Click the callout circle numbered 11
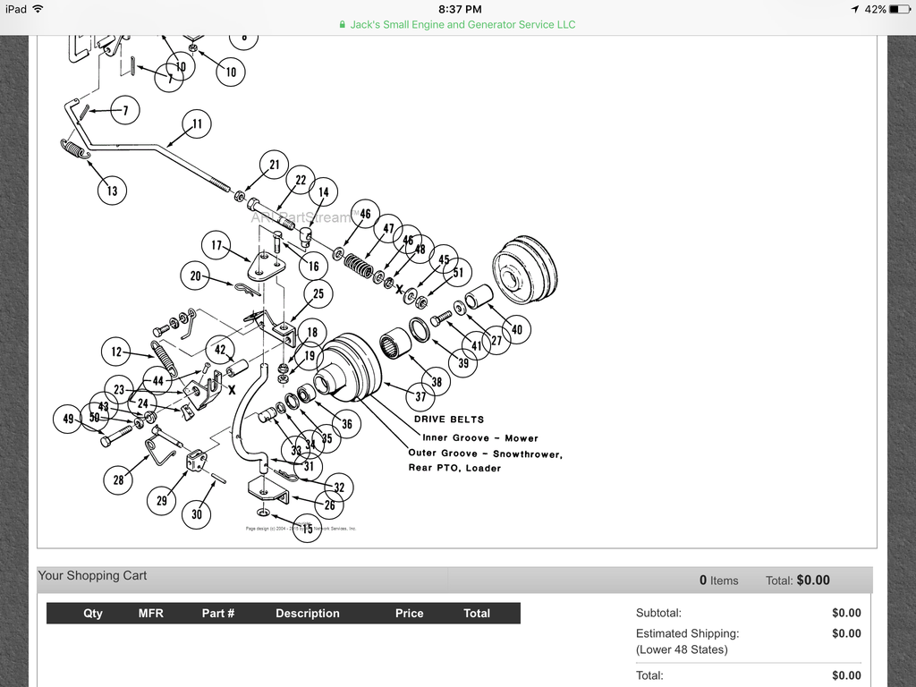tap(197, 124)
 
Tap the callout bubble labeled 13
tap(112, 191)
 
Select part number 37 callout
tap(420, 397)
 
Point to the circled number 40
tap(516, 330)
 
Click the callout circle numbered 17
tap(216, 245)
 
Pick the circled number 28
tap(118, 480)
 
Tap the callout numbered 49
tap(69, 419)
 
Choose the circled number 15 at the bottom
tap(308, 530)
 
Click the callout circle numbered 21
tap(275, 165)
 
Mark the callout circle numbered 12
tap(116, 352)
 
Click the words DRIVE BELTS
tap(449, 420)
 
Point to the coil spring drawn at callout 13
tap(76, 150)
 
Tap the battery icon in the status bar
tap(899, 9)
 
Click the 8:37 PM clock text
tap(457, 8)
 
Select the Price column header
tap(409, 614)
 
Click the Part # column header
tap(218, 614)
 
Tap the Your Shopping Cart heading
tap(92, 576)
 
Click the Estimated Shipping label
tap(687, 633)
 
